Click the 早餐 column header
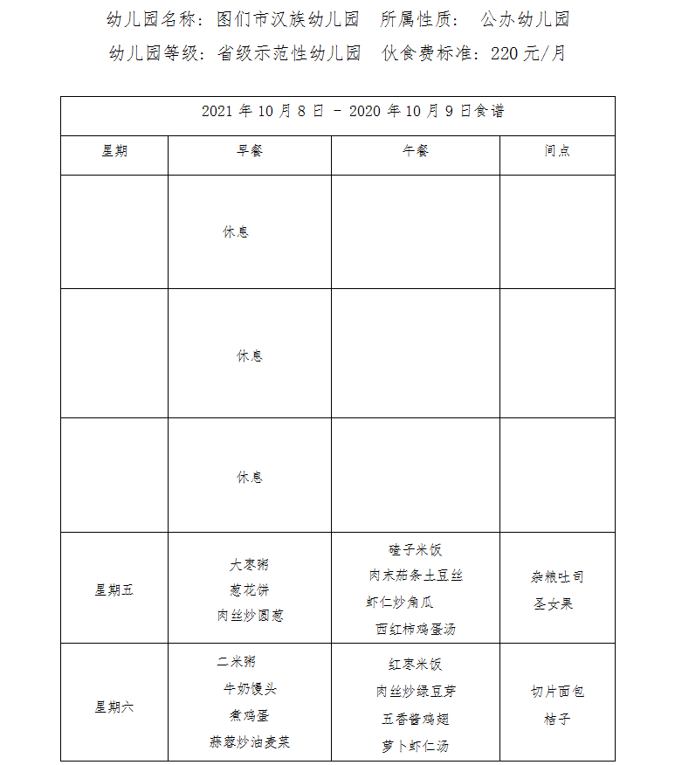pos(250,151)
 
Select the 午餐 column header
pos(416,151)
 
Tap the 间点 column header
pos(557,151)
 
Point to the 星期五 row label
pos(114,590)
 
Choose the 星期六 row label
pos(114,707)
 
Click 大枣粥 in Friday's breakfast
pos(250,565)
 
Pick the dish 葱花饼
pos(250,590)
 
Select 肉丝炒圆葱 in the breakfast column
pos(250,616)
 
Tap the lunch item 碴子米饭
pos(416,550)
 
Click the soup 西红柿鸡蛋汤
pos(416,629)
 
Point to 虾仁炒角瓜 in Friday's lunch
pos(400,603)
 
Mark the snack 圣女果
pos(554,603)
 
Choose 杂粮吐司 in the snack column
pos(557,577)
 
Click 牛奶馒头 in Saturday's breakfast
pos(250,689)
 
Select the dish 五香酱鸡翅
pos(416,720)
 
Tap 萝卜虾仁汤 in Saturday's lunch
pos(416,747)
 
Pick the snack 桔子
pos(557,720)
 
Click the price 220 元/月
pos(528,53)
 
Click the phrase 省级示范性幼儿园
pos(289,53)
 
